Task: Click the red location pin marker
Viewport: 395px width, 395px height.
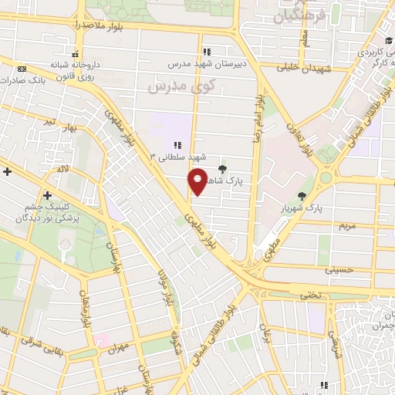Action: click(198, 181)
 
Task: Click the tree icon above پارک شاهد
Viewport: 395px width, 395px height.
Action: click(223, 168)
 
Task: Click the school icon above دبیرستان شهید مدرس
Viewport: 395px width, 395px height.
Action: click(206, 52)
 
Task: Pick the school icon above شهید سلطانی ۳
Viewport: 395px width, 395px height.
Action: click(178, 144)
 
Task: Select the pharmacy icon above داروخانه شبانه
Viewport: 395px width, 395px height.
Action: click(75, 54)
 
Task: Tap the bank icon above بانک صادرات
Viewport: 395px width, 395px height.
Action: click(21, 69)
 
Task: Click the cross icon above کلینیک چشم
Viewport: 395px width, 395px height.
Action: click(48, 195)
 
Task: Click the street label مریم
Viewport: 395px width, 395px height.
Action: click(347, 226)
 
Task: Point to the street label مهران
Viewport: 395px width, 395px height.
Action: click(118, 349)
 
